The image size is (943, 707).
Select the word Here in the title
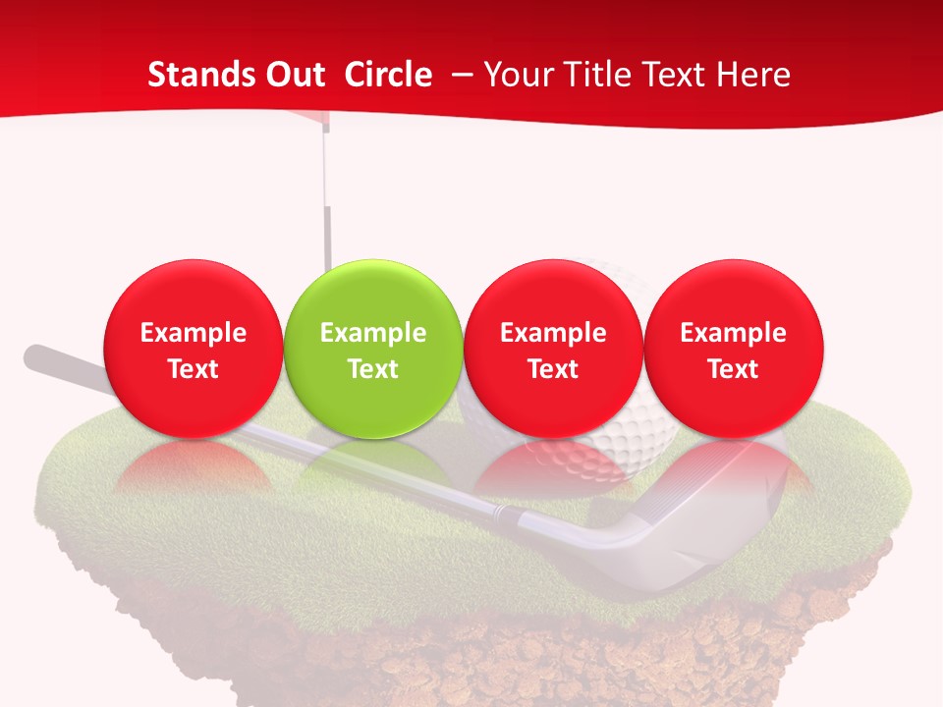pyautogui.click(x=754, y=75)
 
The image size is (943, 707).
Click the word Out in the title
pyautogui.click(x=295, y=75)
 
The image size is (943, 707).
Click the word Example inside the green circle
pyautogui.click(x=373, y=333)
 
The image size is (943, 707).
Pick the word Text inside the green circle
pyautogui.click(x=373, y=369)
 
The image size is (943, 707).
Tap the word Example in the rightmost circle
pyautogui.click(x=734, y=333)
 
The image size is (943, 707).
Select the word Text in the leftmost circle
pyautogui.click(x=194, y=369)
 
